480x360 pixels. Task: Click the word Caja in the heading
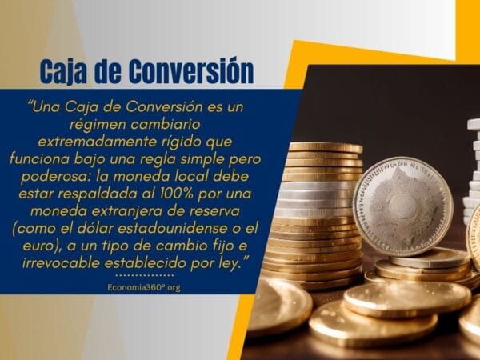click(65, 71)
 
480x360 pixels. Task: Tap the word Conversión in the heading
click(193, 71)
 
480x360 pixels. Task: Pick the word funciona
click(70, 158)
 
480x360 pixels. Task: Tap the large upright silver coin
click(402, 206)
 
